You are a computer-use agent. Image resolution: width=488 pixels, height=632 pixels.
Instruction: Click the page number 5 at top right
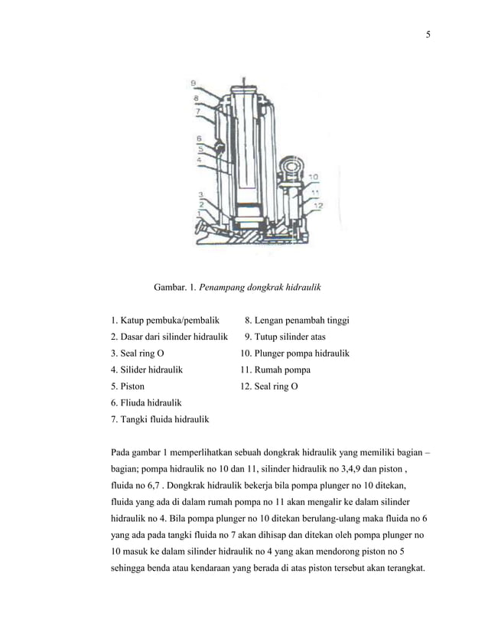point(428,34)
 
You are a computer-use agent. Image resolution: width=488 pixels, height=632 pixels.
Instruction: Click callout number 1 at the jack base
point(200,215)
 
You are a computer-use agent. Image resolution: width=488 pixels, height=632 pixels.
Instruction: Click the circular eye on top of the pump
point(291,166)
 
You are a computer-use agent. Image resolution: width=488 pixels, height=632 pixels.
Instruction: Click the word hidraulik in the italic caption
point(299,288)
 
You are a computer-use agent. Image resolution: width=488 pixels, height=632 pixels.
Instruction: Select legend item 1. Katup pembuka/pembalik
point(164,320)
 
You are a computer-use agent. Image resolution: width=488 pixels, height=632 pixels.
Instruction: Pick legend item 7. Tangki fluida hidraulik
point(160,419)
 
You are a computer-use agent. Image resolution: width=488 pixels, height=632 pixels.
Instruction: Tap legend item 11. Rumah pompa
point(275,370)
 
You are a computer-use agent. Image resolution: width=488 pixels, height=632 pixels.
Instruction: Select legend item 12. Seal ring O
point(269,386)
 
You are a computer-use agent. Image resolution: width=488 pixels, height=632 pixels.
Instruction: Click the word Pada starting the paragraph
point(122,453)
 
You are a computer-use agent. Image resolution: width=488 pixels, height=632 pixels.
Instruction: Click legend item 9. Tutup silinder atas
point(286,337)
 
